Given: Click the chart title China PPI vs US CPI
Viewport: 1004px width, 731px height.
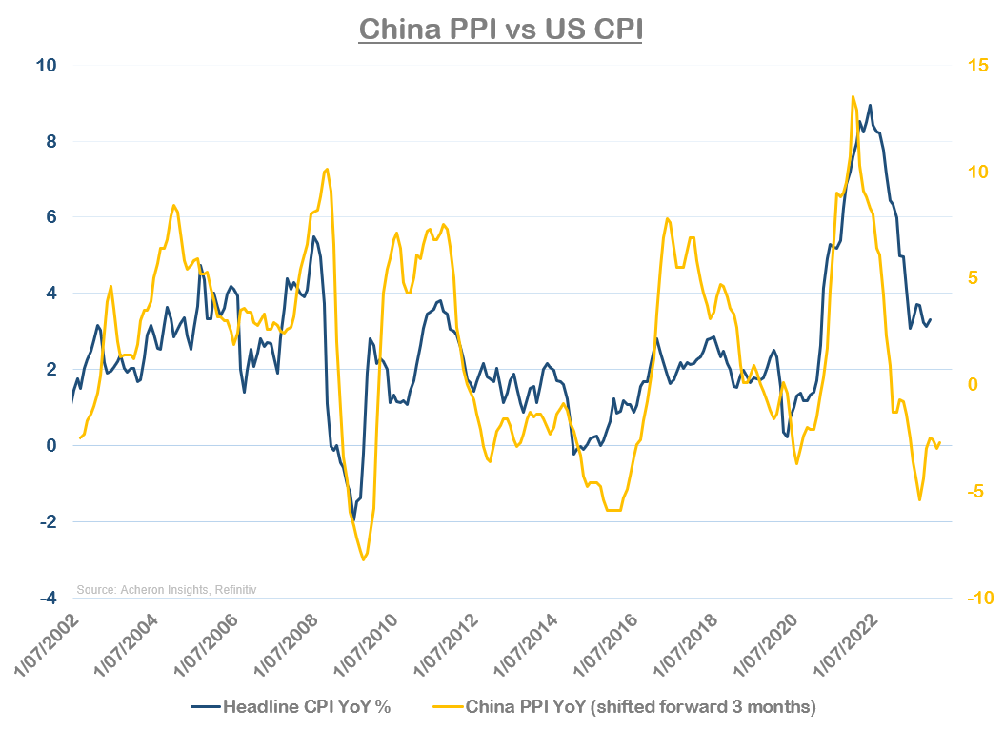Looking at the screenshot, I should click(x=501, y=29).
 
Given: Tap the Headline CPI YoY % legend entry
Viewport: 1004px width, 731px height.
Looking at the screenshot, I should click(x=291, y=707).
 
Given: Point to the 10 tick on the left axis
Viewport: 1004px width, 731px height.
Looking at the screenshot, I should click(x=47, y=65).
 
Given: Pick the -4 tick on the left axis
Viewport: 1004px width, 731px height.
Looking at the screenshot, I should click(x=48, y=598).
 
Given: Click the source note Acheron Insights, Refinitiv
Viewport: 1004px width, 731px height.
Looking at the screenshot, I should click(x=167, y=591).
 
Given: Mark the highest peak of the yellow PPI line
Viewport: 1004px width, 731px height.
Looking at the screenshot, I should click(x=853, y=95).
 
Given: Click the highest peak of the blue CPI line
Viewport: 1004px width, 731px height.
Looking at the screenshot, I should click(x=870, y=105).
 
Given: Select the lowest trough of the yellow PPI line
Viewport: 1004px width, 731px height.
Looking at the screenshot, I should click(x=364, y=559).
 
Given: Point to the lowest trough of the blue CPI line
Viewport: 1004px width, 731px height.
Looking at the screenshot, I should click(x=354, y=520).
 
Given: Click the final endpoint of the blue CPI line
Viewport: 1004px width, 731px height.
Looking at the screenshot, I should click(x=931, y=319).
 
